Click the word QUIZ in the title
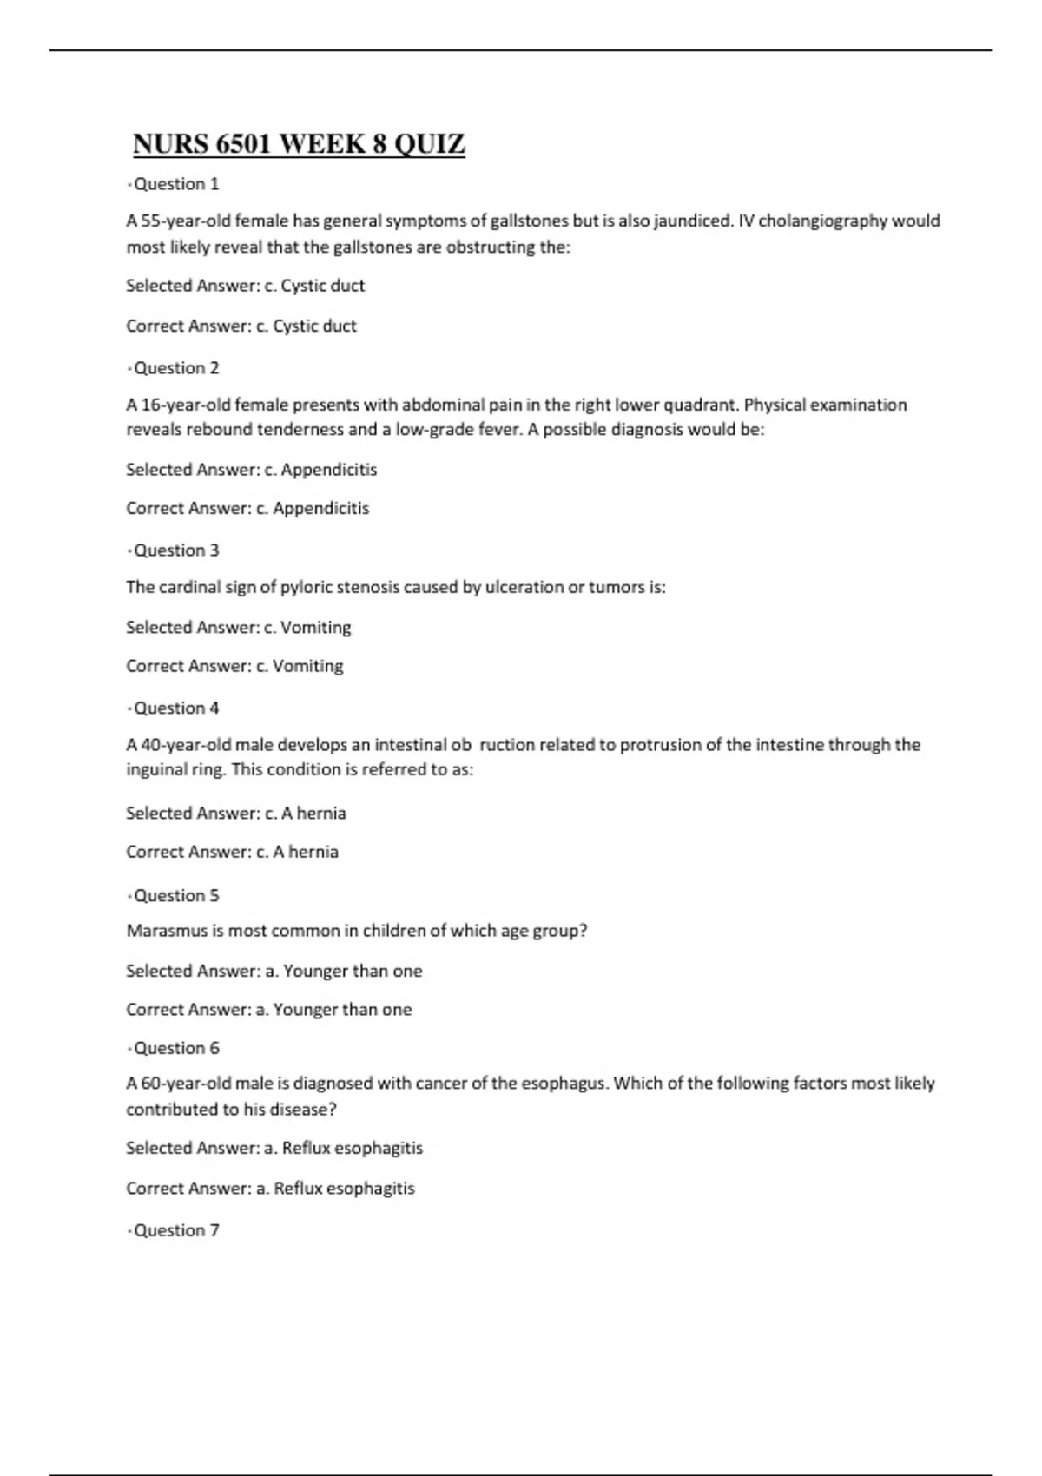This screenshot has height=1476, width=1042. (x=430, y=144)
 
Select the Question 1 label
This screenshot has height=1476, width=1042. (x=175, y=184)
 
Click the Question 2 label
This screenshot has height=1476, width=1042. (x=175, y=368)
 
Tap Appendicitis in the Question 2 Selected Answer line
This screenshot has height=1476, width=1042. (x=329, y=470)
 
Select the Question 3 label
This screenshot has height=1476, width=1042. (x=175, y=550)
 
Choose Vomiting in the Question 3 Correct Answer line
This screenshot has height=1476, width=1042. (x=308, y=666)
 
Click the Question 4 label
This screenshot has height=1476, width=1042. (x=175, y=708)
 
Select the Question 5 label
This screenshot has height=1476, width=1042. (x=175, y=896)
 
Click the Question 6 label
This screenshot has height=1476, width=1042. (x=175, y=1049)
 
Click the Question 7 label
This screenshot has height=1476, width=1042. (x=175, y=1231)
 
